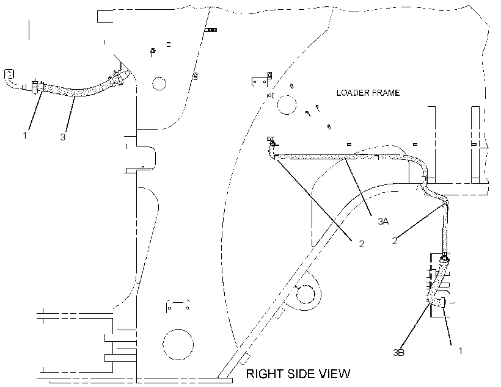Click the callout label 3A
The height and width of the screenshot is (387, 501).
383,221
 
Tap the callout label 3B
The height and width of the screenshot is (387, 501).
399,353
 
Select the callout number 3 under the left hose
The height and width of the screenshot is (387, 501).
63,137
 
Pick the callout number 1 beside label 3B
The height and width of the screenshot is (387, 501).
461,350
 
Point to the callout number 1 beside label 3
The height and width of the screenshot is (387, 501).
25,135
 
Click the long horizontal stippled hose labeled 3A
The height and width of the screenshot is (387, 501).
338,156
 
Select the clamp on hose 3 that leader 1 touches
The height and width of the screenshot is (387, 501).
37,87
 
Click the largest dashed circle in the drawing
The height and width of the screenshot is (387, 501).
178,344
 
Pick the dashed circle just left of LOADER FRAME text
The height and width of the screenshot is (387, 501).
287,104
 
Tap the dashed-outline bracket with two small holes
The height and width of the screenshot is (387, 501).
178,306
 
